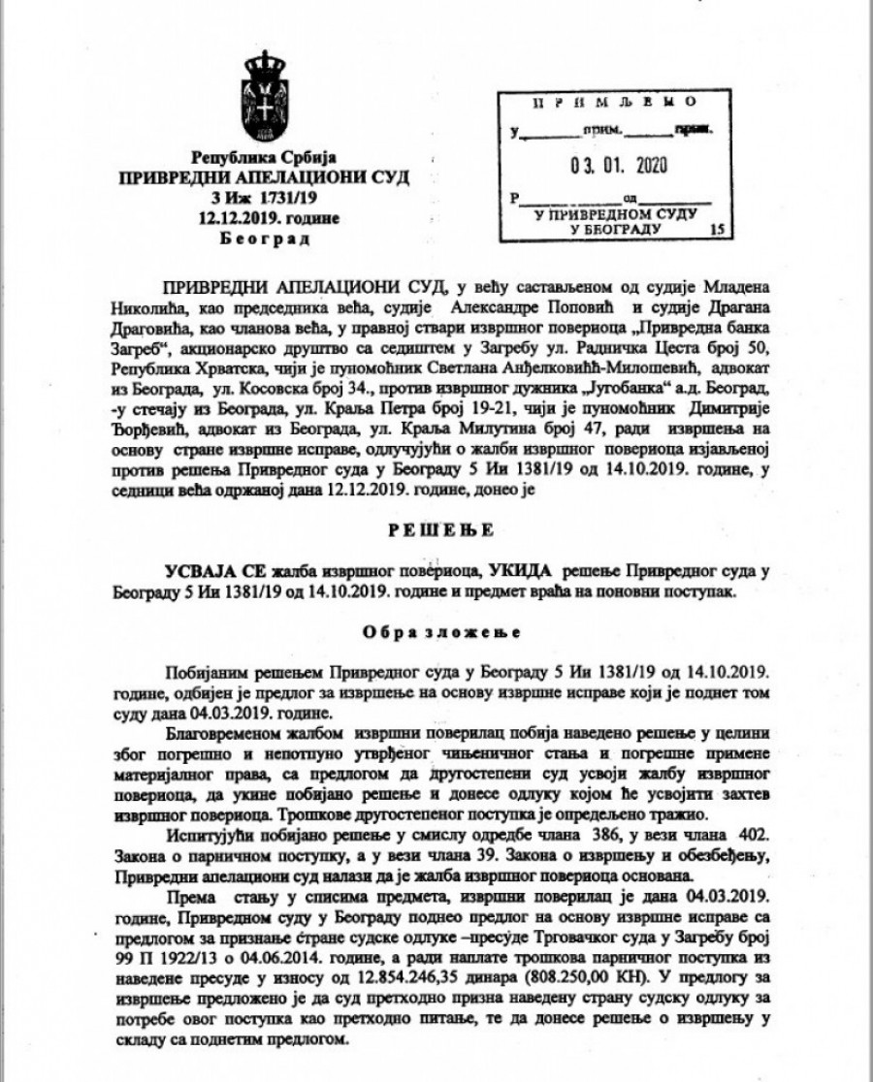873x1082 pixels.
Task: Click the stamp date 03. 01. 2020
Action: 614,166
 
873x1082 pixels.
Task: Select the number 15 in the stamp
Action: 717,230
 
